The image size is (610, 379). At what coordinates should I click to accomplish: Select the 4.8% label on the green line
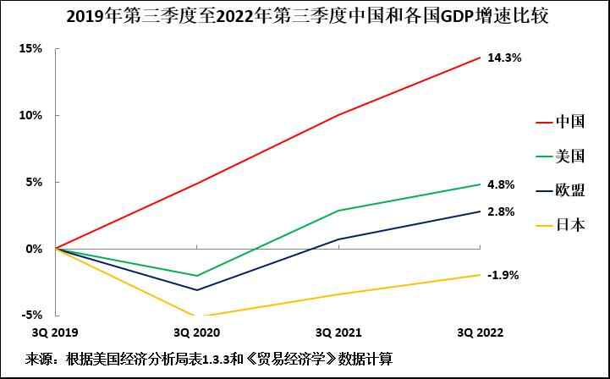(501, 184)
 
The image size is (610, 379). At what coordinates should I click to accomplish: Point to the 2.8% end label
(501, 211)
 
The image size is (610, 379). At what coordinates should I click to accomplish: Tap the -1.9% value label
(503, 275)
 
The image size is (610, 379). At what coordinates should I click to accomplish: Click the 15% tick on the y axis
(31, 48)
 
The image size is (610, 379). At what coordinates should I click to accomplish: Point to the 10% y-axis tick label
(31, 115)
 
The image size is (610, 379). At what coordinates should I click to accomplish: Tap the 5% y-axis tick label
(34, 182)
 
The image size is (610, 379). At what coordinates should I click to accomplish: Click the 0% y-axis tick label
(34, 249)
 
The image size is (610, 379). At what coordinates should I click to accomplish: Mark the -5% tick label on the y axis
(32, 316)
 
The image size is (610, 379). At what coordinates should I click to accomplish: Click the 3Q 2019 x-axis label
(55, 332)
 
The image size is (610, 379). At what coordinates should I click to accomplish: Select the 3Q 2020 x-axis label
(196, 332)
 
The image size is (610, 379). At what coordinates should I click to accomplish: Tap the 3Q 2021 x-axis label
(338, 332)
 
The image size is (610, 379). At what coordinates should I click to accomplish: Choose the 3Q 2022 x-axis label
(480, 332)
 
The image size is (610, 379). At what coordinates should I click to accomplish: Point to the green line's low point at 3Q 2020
(196, 276)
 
